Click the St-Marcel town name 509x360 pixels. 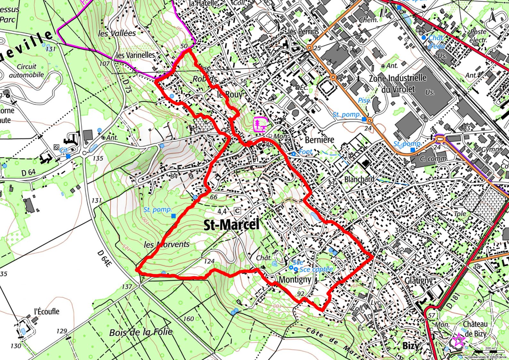tap(231, 225)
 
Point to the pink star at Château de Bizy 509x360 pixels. tap(458, 340)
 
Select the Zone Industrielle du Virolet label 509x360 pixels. tap(398, 83)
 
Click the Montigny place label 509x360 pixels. tap(295, 279)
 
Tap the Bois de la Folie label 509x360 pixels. tap(141, 332)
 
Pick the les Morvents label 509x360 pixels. tap(166, 244)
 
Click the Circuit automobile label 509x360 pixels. tap(26, 71)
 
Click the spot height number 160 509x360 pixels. tap(189, 319)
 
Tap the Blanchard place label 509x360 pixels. tap(359, 179)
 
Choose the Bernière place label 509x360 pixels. tap(319, 140)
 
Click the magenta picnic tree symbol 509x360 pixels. tap(260, 124)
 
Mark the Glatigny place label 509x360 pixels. tap(419, 280)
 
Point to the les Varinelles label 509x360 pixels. tap(135, 55)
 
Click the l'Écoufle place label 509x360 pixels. tap(47, 311)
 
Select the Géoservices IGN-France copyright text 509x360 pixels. tap(487, 357)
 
